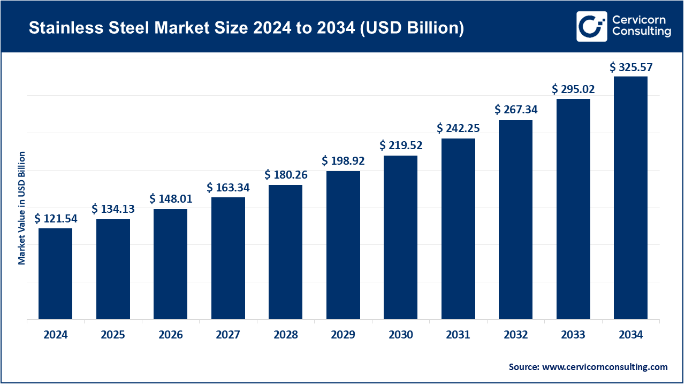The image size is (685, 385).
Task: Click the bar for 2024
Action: click(55, 274)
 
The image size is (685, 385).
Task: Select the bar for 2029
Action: click(343, 245)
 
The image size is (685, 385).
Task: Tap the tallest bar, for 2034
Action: click(630, 198)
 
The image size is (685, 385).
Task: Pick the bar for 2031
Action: click(458, 229)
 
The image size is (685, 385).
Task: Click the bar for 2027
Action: click(228, 258)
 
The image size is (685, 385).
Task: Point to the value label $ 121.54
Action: click(56, 218)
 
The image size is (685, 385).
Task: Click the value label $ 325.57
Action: click(631, 67)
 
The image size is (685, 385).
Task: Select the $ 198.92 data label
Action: click(343, 160)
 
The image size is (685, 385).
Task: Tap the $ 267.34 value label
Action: click(516, 110)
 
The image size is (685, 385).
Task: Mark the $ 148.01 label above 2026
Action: click(171, 199)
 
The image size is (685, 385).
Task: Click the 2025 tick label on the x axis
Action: click(113, 335)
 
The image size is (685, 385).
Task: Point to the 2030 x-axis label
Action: click(401, 335)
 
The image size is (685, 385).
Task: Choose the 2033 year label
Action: click(573, 335)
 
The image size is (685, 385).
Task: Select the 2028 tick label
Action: click(286, 335)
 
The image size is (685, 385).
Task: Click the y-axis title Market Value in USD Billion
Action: click(22, 207)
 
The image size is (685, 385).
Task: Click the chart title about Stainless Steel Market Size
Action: click(246, 28)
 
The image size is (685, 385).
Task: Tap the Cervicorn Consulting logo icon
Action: click(591, 26)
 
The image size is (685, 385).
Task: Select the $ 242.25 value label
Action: click(458, 128)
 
